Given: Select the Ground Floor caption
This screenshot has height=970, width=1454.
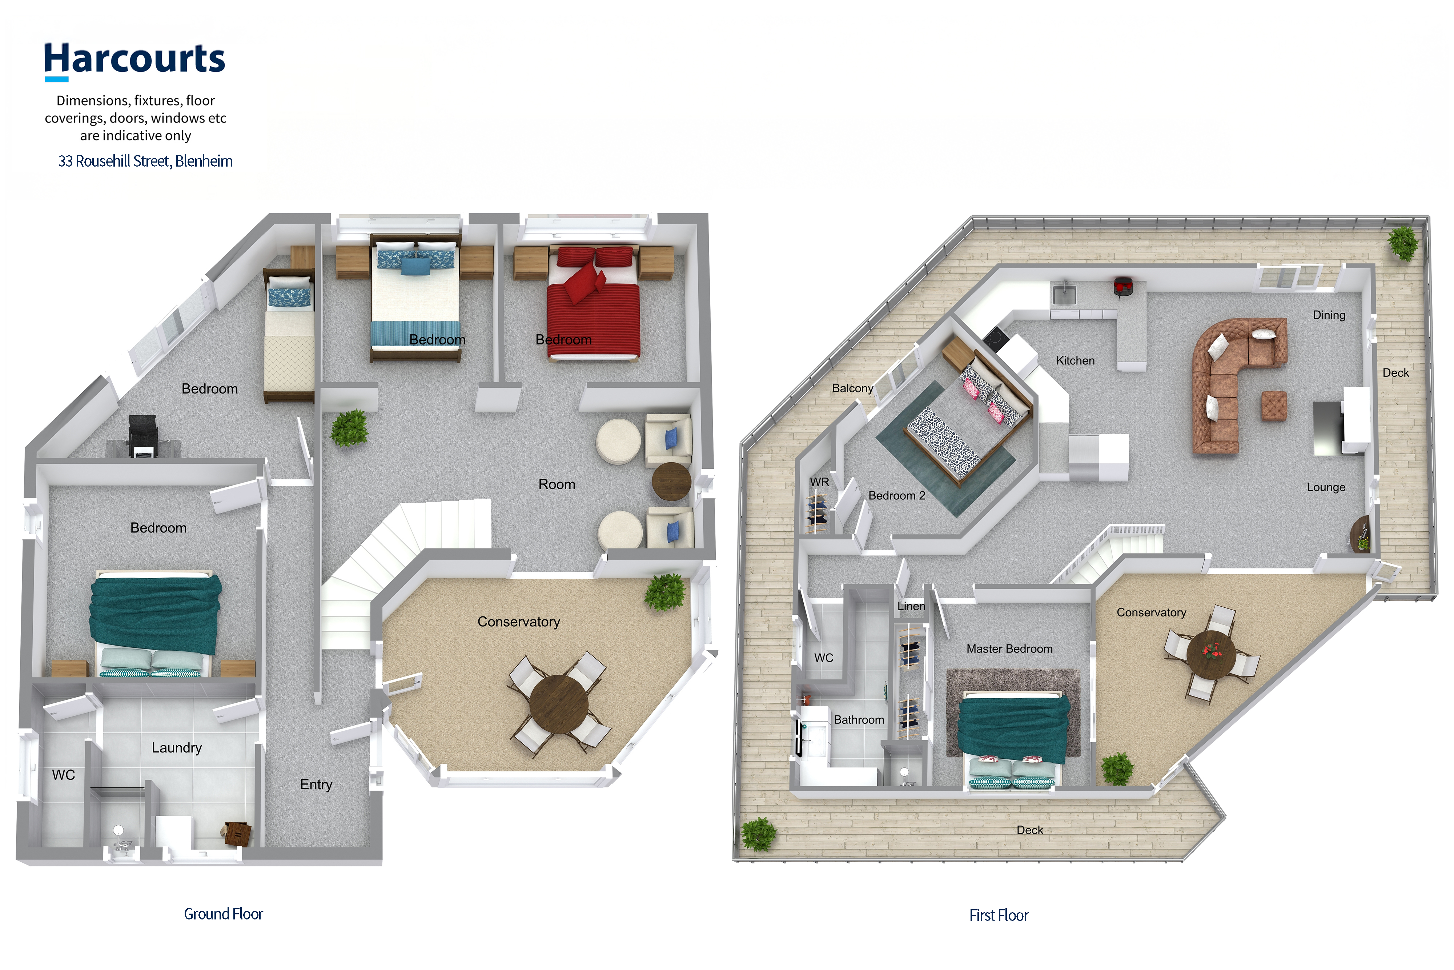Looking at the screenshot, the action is coord(223,914).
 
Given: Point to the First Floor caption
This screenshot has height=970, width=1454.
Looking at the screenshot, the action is coord(999,915).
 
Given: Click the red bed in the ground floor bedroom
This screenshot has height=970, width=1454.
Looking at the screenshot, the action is coord(594,303).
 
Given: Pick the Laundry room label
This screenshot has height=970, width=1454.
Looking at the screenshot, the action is coord(177,748).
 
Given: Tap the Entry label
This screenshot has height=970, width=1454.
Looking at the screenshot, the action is coord(316,785).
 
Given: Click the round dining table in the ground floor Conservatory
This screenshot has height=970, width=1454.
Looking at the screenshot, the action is coord(558,703).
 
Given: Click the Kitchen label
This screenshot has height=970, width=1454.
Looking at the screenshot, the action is coord(1075,361).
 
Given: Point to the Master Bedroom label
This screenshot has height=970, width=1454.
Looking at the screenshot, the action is coord(1009,649).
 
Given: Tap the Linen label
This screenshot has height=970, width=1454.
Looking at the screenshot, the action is coord(911,606).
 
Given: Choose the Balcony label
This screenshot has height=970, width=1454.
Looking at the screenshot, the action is coord(852,388).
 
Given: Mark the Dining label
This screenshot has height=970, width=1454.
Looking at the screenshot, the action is coord(1329,315).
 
